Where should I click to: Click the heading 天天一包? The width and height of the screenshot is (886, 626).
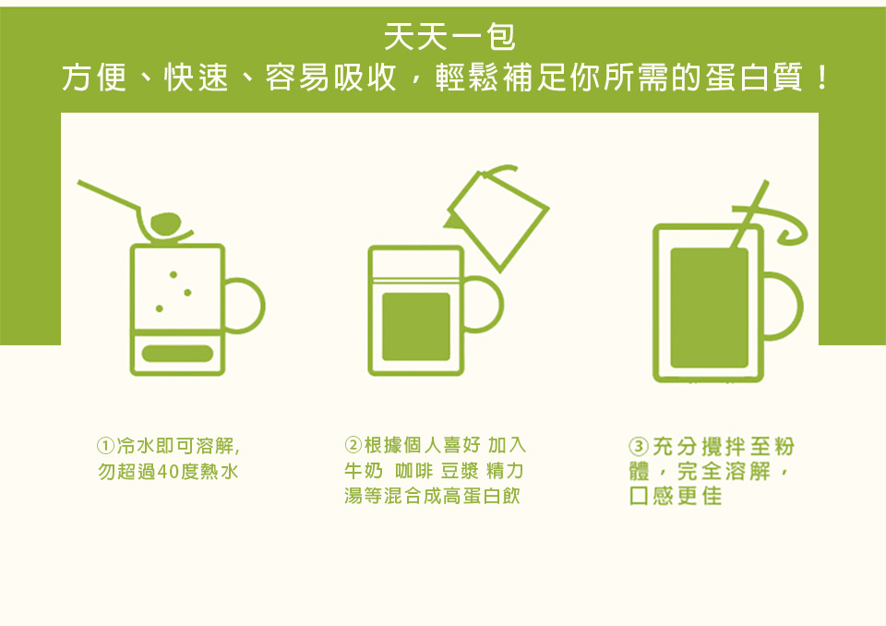(x=449, y=37)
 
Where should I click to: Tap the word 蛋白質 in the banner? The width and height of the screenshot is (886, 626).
(x=754, y=78)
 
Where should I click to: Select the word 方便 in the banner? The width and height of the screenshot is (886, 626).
(x=94, y=78)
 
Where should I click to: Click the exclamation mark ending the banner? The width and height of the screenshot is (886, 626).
(x=821, y=78)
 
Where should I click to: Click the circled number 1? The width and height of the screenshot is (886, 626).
(x=105, y=446)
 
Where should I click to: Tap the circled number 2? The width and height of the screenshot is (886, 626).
(x=353, y=445)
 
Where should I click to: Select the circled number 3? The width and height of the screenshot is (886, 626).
(x=639, y=447)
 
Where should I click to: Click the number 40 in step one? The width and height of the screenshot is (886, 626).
(x=168, y=472)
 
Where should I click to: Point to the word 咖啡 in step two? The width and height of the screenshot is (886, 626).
(x=413, y=471)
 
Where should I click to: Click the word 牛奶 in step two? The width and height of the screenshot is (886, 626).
(x=364, y=471)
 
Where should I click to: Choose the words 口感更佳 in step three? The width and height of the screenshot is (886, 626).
(x=676, y=496)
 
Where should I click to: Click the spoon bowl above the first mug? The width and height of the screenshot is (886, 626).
(x=165, y=223)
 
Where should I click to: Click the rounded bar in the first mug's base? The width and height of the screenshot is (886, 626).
(x=177, y=354)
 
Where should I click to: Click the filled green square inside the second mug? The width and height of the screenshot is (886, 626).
(x=416, y=326)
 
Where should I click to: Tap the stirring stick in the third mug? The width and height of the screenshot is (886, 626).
(x=749, y=215)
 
